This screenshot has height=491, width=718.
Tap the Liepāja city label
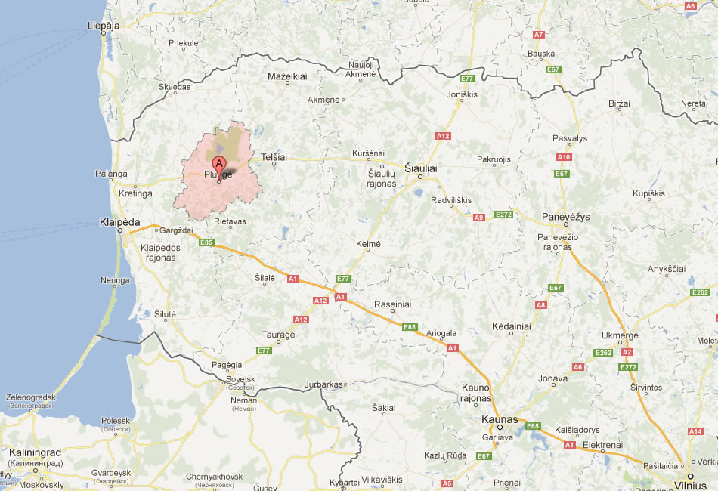(x=104, y=25)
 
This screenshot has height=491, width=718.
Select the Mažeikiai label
(x=288, y=77)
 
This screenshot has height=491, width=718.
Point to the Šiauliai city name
(x=421, y=168)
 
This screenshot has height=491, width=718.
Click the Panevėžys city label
(x=566, y=217)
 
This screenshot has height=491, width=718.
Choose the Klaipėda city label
(x=120, y=222)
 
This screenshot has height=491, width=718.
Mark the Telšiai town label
(x=274, y=157)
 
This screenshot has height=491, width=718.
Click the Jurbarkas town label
(x=323, y=384)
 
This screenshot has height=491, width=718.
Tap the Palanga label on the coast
(x=111, y=174)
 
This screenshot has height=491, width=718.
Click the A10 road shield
(x=564, y=157)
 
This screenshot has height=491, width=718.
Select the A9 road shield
(x=478, y=218)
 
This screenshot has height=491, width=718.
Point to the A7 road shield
(x=539, y=35)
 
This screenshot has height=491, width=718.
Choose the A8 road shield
(x=540, y=305)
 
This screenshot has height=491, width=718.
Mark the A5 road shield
(x=447, y=483)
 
